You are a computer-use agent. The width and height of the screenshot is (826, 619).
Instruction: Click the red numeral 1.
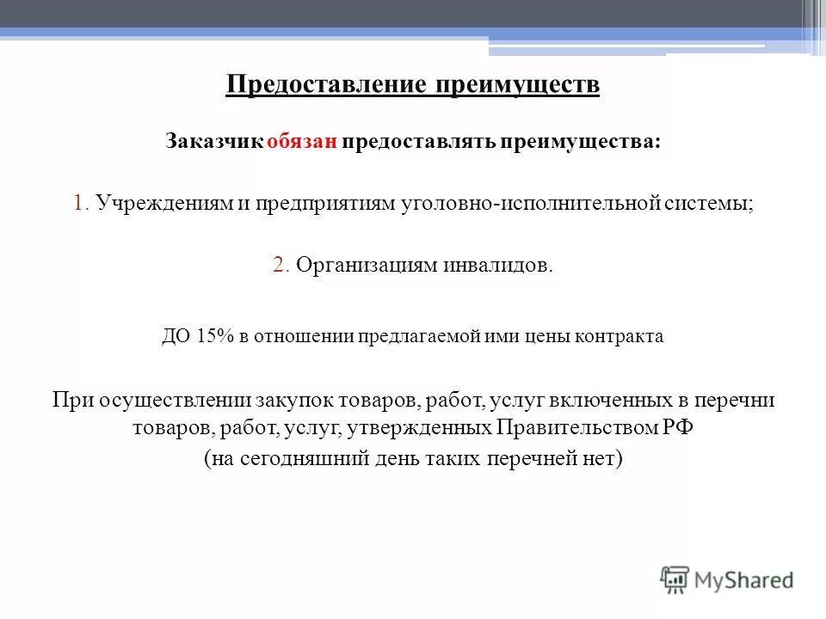pos(80,204)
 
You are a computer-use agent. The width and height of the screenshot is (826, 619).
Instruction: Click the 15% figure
pos(210,336)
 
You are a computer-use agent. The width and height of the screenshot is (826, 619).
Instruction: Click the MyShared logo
pos(726,579)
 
